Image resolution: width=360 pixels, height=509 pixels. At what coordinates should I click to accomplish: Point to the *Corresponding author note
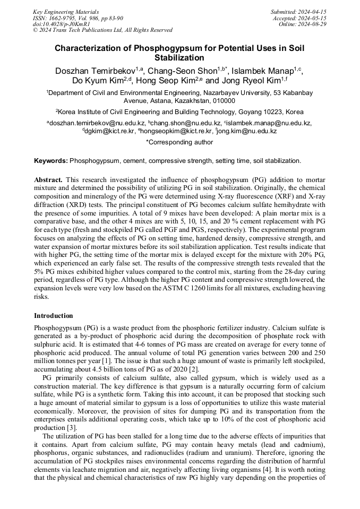(x=179, y=142)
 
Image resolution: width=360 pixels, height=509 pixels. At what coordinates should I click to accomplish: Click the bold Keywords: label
(x=51, y=160)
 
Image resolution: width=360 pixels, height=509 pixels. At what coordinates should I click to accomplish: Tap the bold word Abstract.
(x=48, y=180)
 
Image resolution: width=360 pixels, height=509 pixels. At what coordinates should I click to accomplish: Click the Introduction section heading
(x=54, y=316)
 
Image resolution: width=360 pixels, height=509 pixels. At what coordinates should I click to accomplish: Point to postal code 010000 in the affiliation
(x=223, y=100)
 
